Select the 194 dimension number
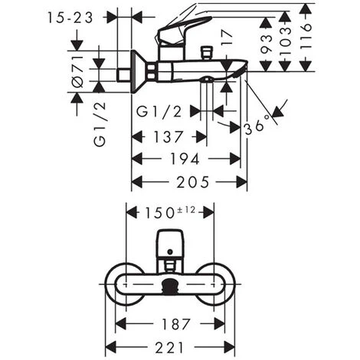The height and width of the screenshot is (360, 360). coord(184,159)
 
